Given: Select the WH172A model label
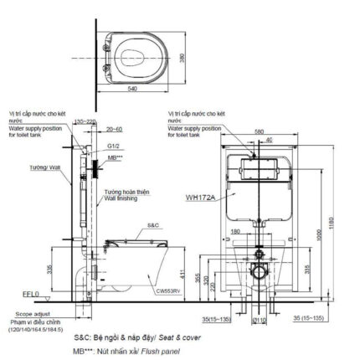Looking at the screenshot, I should tap(200, 198).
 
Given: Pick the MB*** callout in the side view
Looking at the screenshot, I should tap(114, 157).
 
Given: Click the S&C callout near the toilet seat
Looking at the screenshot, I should tap(153, 225).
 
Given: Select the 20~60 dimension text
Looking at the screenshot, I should tap(115, 129).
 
